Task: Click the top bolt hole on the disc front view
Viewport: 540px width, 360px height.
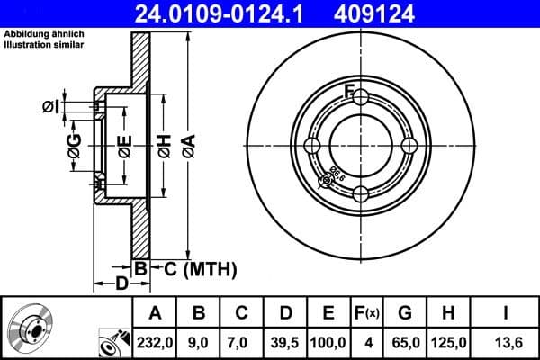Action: pyautogui.click(x=360, y=98)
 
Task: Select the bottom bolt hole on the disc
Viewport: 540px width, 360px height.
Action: pyautogui.click(x=360, y=193)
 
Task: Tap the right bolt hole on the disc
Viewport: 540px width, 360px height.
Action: pyautogui.click(x=408, y=146)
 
